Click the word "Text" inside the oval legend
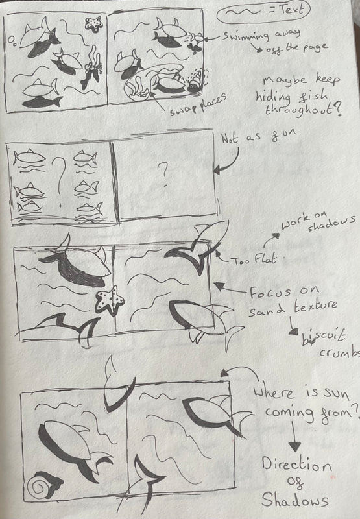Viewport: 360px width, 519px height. [x=291, y=10]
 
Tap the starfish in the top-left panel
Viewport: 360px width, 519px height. [x=94, y=25]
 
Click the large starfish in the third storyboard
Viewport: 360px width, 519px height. [x=110, y=300]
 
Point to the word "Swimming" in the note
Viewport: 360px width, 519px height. [x=245, y=36]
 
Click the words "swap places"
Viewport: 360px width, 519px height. [x=198, y=104]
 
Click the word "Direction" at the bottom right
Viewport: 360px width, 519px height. [x=296, y=465]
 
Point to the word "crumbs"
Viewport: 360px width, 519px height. [x=339, y=352]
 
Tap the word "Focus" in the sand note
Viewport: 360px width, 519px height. [x=270, y=293]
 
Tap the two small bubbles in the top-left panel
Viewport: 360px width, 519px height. [x=12, y=41]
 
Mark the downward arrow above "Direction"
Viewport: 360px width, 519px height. [x=294, y=436]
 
